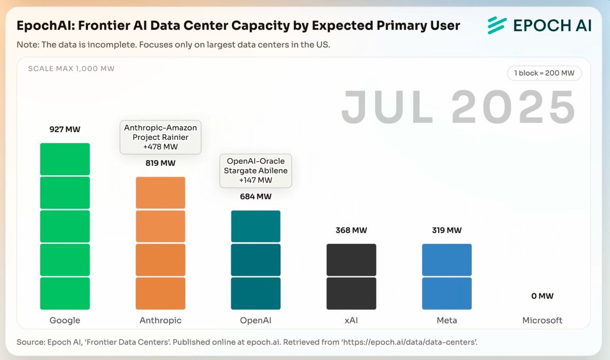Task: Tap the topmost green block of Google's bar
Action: (x=65, y=159)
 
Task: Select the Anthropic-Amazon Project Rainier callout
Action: (x=161, y=137)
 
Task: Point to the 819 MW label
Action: (x=161, y=163)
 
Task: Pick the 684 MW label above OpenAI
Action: (x=256, y=196)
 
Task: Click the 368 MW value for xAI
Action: (x=351, y=230)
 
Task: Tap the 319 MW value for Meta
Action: (x=446, y=230)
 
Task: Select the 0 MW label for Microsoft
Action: (x=542, y=296)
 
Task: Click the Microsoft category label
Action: (x=542, y=320)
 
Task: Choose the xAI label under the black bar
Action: (x=351, y=320)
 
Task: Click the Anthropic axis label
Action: (x=161, y=320)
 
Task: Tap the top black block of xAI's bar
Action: (x=351, y=260)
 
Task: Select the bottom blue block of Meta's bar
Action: (x=447, y=293)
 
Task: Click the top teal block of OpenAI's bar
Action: (x=256, y=226)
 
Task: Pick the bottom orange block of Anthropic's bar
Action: (x=161, y=293)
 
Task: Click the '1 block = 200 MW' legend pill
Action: (x=544, y=73)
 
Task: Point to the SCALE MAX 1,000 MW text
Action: (x=71, y=69)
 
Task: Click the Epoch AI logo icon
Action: (x=496, y=25)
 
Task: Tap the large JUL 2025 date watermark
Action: (x=458, y=107)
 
